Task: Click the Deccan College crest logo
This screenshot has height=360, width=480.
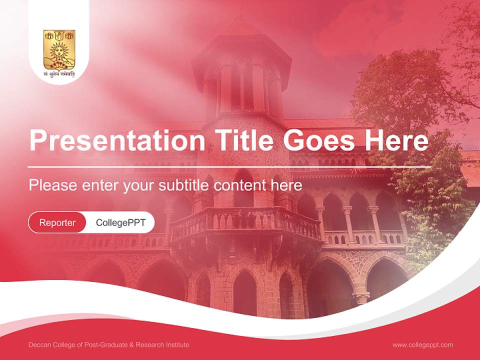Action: tap(59, 49)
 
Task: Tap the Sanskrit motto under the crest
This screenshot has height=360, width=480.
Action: tap(59, 76)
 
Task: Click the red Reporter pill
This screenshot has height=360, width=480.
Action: tap(57, 222)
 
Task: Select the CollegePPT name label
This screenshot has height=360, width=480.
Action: tap(120, 222)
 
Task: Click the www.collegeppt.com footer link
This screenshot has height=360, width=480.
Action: tap(422, 344)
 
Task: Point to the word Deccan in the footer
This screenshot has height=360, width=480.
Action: tap(39, 345)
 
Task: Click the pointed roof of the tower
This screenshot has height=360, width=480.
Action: tap(241, 30)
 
